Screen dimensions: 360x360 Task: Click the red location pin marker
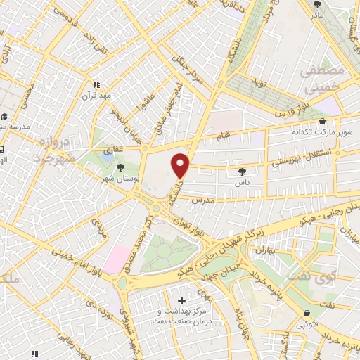181,165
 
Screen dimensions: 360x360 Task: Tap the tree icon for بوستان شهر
121,167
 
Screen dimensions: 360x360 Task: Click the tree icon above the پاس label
243,171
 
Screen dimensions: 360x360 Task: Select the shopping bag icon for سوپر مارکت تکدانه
322,120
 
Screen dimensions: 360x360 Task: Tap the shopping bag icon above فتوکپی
307,314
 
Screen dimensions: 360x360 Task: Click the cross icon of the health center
182,300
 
